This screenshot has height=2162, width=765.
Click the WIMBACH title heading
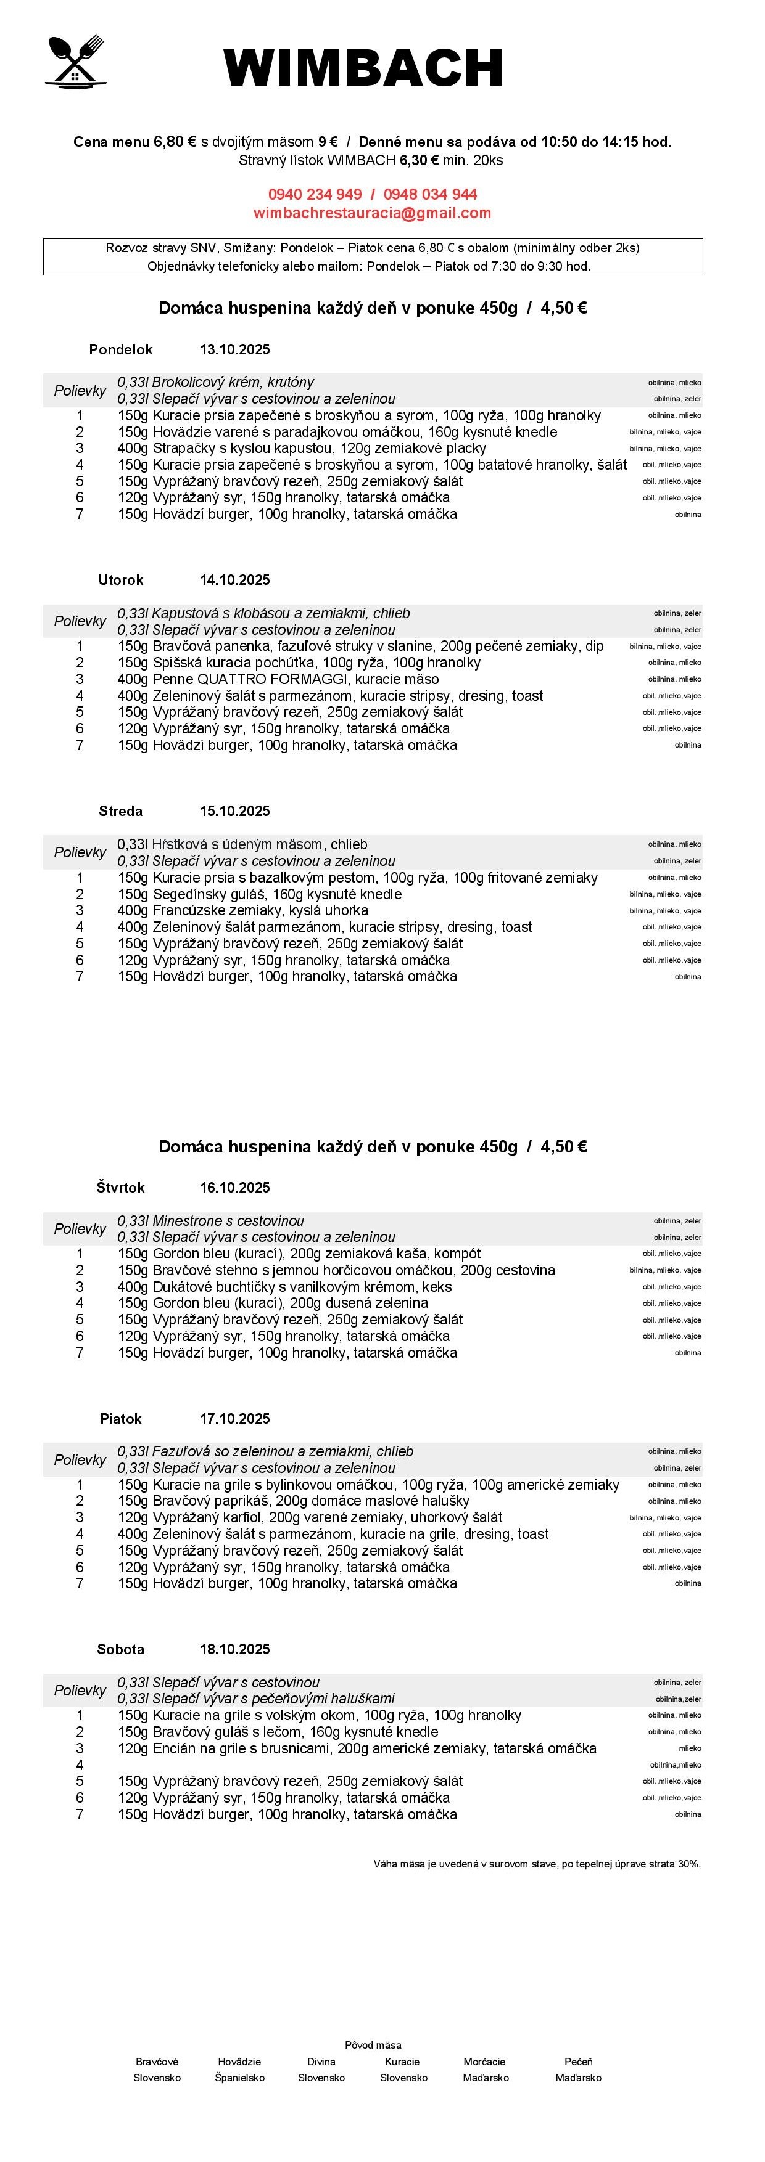coord(363,68)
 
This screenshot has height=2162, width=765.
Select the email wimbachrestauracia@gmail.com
coord(372,213)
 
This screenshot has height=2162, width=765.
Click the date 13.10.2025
coord(234,349)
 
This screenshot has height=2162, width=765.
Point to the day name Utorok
coord(121,580)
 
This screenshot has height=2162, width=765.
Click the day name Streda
coord(121,811)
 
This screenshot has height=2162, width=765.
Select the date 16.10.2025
coord(234,1187)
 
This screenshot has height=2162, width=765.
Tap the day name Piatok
coord(121,1418)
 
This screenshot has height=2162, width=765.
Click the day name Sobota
coord(121,1649)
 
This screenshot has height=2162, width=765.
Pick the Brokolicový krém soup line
coord(216,382)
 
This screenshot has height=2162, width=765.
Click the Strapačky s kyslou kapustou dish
coord(302,448)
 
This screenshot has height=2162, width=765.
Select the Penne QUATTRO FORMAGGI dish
coord(278,679)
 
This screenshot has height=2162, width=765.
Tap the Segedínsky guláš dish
coord(260,894)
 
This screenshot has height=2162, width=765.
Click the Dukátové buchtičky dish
coord(284,1287)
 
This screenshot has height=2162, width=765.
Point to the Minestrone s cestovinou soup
coord(211,1220)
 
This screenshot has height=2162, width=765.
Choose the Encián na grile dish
coord(357,1748)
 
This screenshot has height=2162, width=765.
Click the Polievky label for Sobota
coord(80,1691)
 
